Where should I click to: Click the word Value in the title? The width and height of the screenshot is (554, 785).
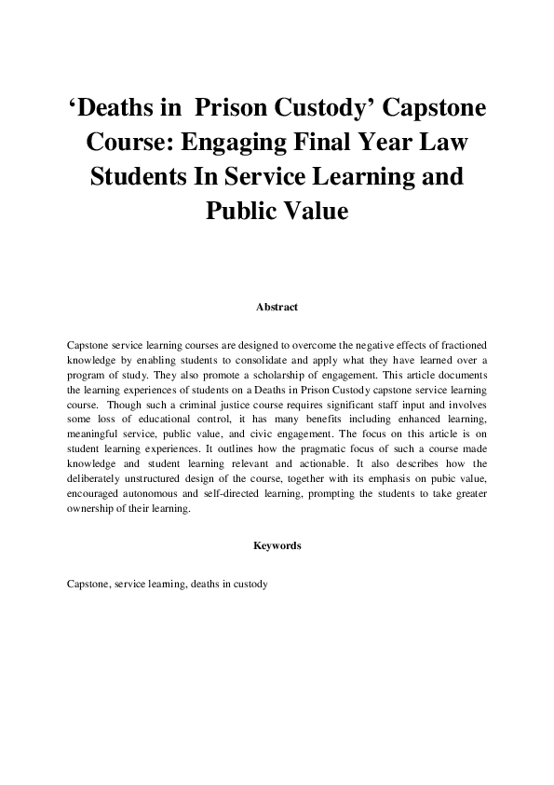pos(311,211)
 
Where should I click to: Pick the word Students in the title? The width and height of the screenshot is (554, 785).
pos(141,177)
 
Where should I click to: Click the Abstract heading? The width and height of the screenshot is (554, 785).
pos(277,306)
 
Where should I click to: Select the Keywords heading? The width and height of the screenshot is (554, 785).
pos(277,545)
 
